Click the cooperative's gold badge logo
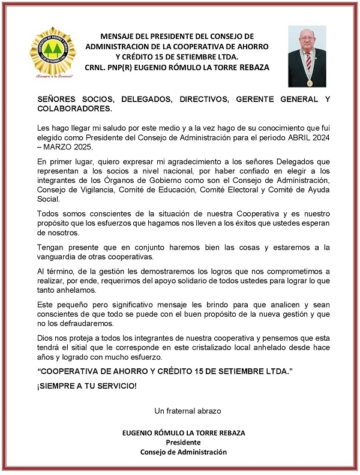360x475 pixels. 53,53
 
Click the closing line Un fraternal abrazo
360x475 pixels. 188,411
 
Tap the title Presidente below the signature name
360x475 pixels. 183,442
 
